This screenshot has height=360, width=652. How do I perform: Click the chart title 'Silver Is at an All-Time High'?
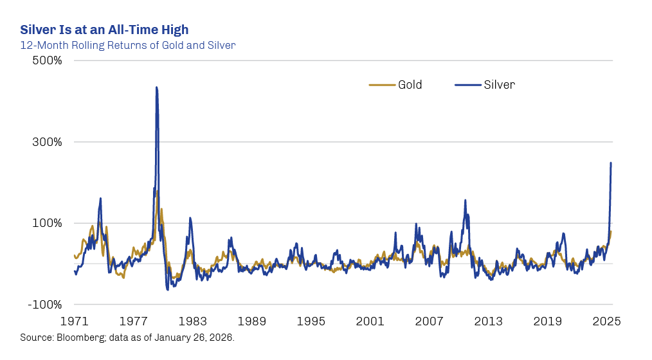104,30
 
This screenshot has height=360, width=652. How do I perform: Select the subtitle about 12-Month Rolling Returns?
127,45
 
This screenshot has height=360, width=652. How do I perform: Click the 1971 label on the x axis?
75,321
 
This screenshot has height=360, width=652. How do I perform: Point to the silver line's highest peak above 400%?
156,88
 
